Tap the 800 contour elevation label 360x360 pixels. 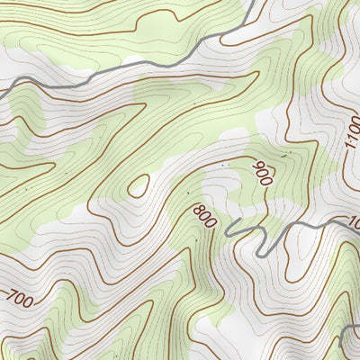click(x=205, y=216)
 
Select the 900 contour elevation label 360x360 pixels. click(x=262, y=173)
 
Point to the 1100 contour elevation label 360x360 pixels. click(x=351, y=139)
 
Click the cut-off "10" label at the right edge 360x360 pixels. click(x=354, y=221)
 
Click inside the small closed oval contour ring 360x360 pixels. click(x=138, y=185)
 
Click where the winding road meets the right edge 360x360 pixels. click(x=359, y=217)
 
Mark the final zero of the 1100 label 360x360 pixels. click(x=351, y=127)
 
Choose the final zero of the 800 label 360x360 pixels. click(x=211, y=223)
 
